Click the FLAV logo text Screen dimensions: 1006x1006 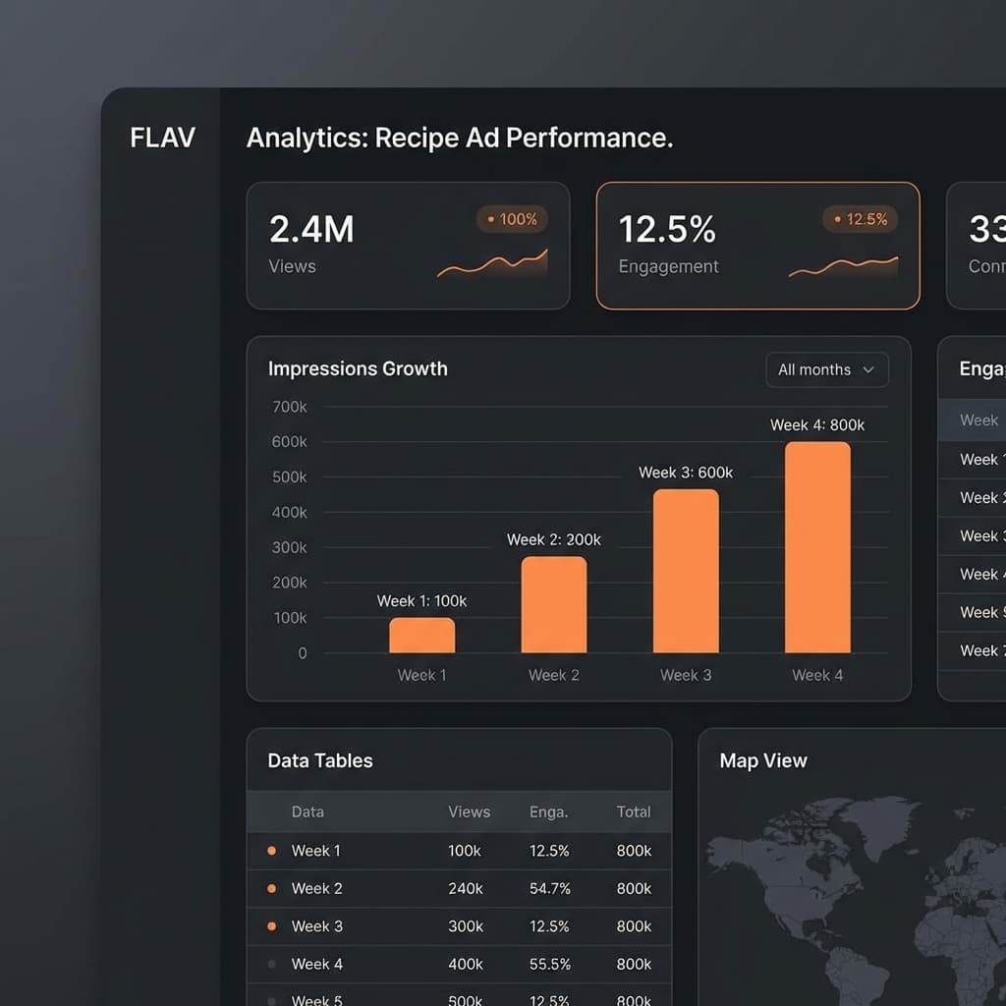(x=162, y=137)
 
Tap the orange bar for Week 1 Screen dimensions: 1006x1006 (x=421, y=635)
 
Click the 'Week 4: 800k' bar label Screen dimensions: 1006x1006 (x=817, y=424)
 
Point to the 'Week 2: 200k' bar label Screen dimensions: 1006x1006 (x=554, y=539)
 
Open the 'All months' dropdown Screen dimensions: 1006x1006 (x=826, y=369)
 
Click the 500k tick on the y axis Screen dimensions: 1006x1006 (x=289, y=476)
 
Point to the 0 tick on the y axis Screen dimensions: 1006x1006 (x=303, y=652)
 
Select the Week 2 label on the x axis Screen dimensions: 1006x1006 (x=554, y=675)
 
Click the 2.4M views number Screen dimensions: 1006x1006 (x=311, y=229)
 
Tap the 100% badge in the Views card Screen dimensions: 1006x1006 (x=512, y=219)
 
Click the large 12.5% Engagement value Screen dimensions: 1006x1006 (x=667, y=229)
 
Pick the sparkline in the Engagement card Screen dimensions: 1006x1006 (x=843, y=266)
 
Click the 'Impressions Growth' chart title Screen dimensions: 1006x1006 (x=358, y=368)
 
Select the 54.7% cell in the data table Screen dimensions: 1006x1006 (x=549, y=888)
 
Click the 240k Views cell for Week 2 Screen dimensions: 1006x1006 (x=466, y=888)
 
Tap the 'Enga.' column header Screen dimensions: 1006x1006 (x=548, y=811)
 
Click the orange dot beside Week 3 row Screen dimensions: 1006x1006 (x=272, y=926)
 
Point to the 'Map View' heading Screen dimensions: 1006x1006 (x=763, y=760)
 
